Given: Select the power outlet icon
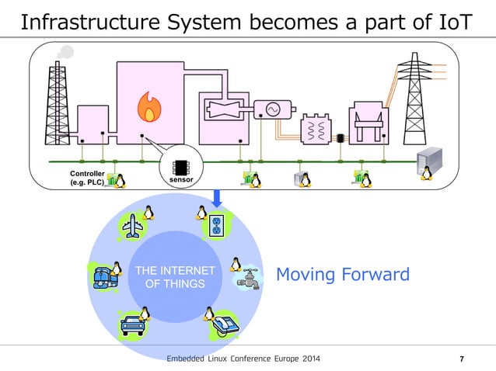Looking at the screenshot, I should click(217, 226).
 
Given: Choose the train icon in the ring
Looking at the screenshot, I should click(103, 277).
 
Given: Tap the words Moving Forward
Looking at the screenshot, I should click(343, 275).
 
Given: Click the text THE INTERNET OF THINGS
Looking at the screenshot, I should click(176, 277).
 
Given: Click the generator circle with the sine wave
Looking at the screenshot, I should click(274, 110).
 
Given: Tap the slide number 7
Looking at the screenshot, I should click(463, 359).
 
